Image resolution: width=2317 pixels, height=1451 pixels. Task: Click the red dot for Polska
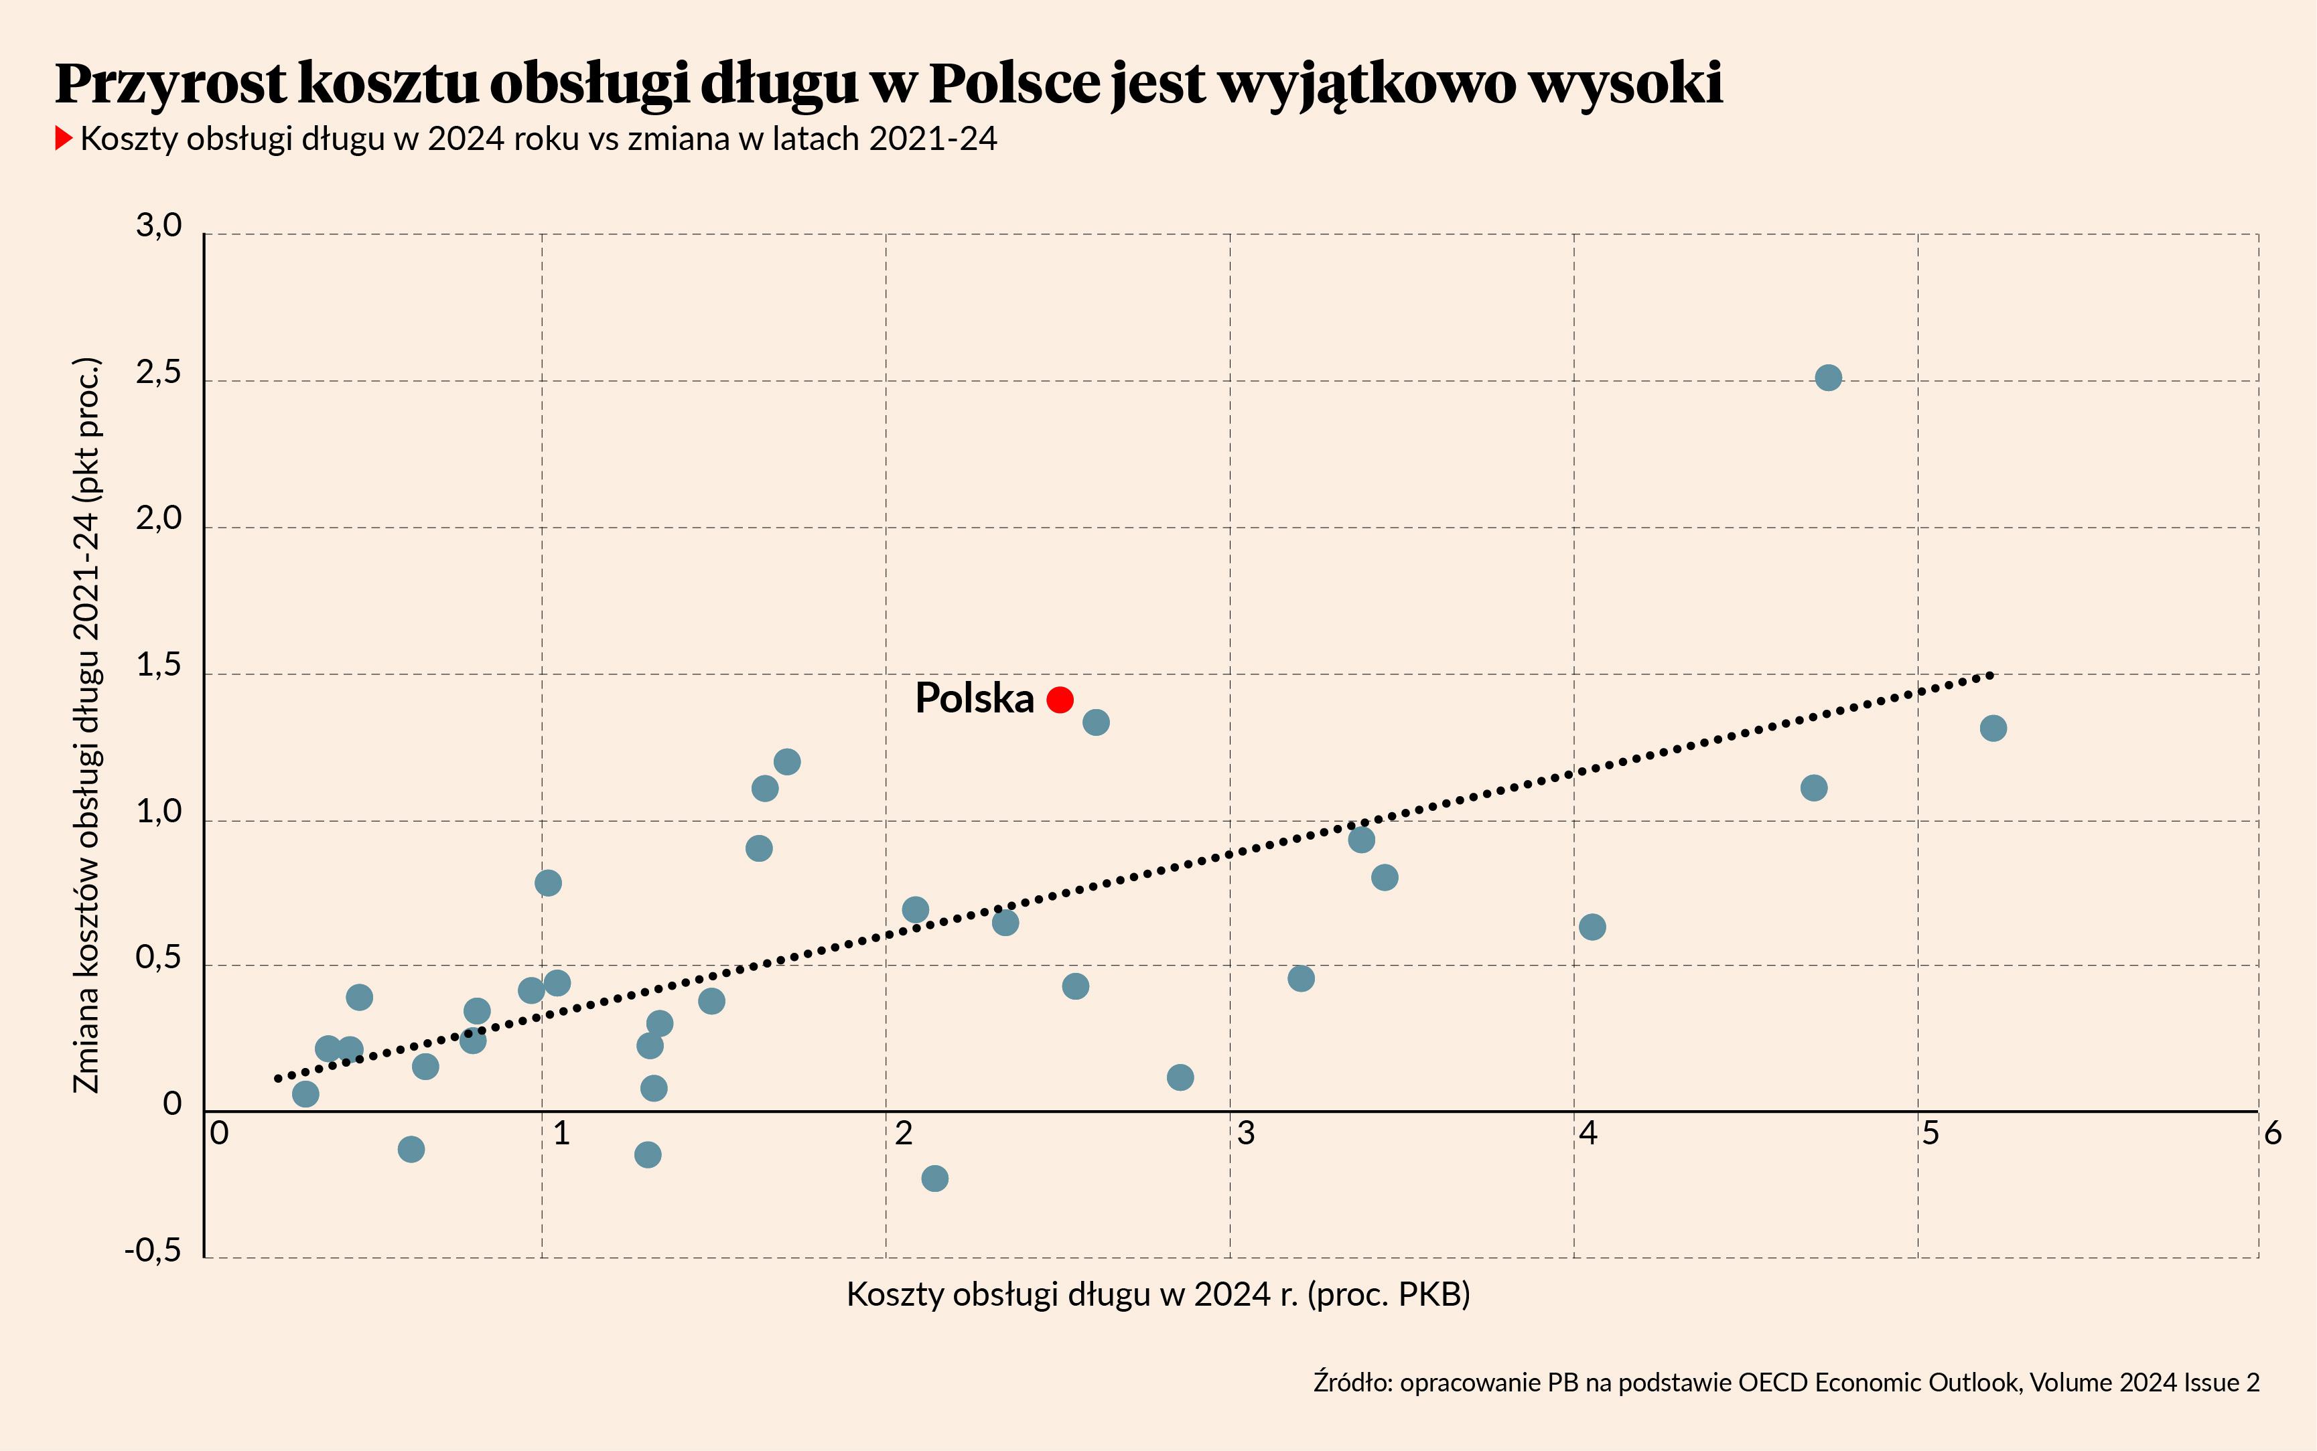coord(1060,700)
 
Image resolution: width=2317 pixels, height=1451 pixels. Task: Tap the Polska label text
coord(974,698)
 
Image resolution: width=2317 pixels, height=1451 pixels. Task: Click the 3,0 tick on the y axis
coord(159,226)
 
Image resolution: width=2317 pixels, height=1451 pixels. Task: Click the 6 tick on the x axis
coord(2272,1134)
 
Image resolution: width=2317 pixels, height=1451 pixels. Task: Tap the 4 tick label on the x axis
coord(1588,1134)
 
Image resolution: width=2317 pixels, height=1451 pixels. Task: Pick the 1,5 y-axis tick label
coord(159,666)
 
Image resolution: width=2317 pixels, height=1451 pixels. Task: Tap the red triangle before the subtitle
coord(64,139)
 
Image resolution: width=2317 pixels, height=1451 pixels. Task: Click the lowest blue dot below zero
coord(935,1178)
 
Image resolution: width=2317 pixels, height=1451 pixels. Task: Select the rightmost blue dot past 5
coord(1993,729)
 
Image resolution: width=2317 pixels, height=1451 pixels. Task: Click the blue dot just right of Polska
coord(1096,722)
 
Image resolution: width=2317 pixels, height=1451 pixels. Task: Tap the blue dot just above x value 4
coord(1592,927)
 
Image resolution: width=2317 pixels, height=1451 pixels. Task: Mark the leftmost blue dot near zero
coord(305,1094)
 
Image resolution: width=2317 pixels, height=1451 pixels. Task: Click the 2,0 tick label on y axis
coord(159,519)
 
